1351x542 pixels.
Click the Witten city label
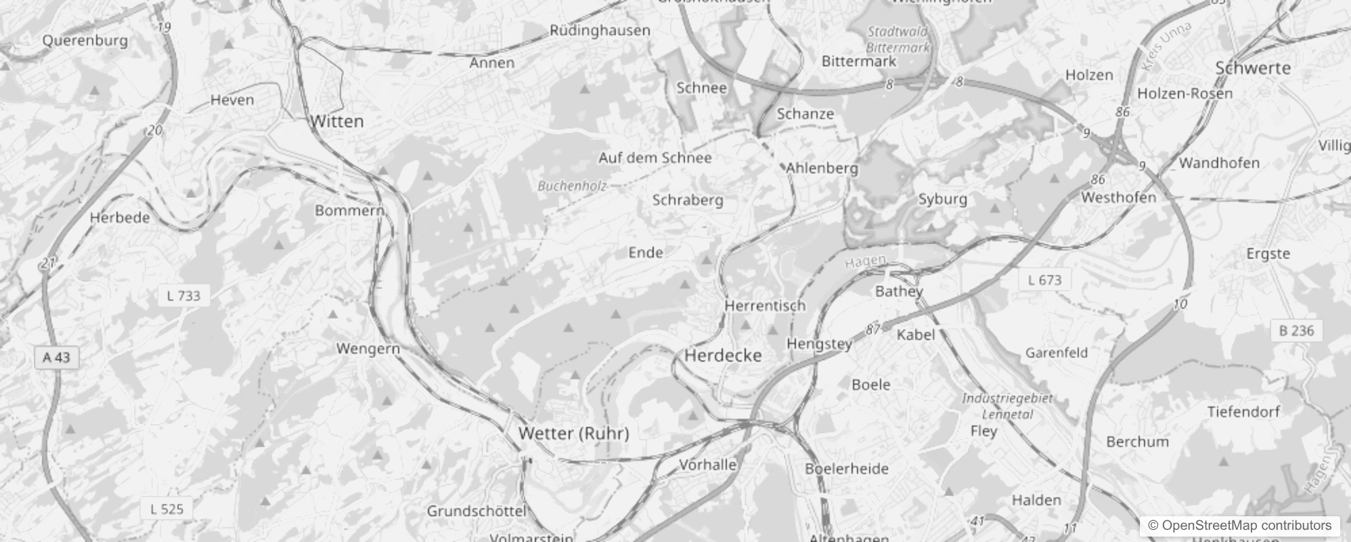click(337, 122)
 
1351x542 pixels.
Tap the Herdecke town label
click(723, 356)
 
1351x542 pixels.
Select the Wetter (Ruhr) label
click(573, 434)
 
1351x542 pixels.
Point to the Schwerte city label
click(1253, 68)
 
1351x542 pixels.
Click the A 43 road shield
click(56, 358)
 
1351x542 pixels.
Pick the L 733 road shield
click(183, 296)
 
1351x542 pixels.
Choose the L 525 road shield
click(167, 509)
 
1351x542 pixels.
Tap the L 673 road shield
click(1044, 280)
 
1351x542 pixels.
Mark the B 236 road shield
click(1296, 331)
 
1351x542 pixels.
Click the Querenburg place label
click(85, 41)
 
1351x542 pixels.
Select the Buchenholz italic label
click(572, 186)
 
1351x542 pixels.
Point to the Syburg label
click(942, 199)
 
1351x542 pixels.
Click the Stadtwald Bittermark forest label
click(898, 39)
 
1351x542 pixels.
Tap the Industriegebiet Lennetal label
click(1007, 406)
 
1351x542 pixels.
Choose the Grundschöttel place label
click(477, 512)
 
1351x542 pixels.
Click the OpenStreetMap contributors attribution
click(1239, 526)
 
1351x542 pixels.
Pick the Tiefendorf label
click(1243, 412)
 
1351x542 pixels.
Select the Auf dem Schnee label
click(655, 158)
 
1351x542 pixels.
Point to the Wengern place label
click(368, 349)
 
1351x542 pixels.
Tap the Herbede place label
click(120, 217)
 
